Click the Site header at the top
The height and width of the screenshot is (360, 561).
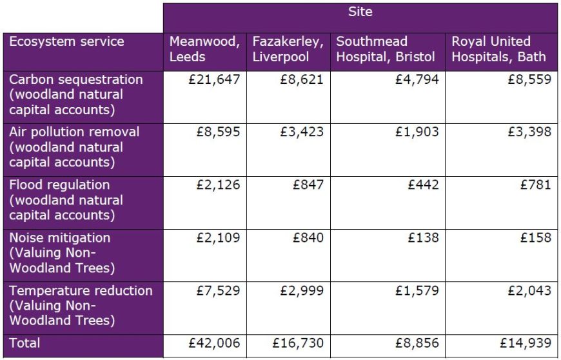click(360, 12)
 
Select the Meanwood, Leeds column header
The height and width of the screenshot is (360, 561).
click(204, 49)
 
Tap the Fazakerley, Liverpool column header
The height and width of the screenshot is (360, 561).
click(287, 49)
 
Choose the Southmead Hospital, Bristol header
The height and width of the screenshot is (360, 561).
click(386, 49)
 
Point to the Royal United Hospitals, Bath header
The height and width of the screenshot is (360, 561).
click(498, 49)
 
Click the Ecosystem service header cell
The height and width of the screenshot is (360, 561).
click(66, 42)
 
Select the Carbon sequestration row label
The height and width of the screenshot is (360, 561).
click(75, 94)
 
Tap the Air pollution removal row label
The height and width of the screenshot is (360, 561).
click(74, 146)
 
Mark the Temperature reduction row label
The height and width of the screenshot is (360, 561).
click(81, 305)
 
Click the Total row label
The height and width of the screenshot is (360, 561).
click(25, 343)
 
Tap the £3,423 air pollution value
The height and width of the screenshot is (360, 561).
click(301, 132)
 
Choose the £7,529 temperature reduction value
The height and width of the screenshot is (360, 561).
click(218, 291)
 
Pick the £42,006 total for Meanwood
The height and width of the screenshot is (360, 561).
click(214, 343)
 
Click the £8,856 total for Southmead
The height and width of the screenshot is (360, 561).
click(416, 343)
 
